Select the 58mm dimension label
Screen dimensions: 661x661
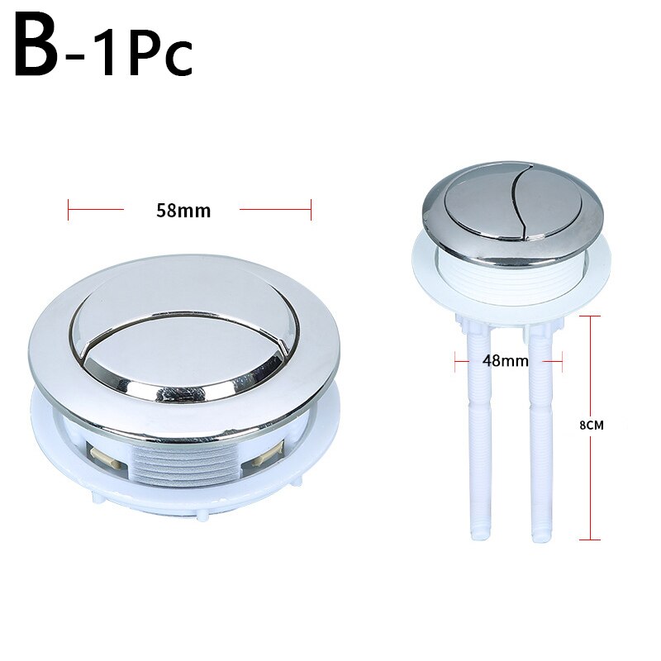point(183,211)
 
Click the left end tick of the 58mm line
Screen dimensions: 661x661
point(69,209)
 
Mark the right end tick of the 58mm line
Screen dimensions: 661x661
point(311,209)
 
